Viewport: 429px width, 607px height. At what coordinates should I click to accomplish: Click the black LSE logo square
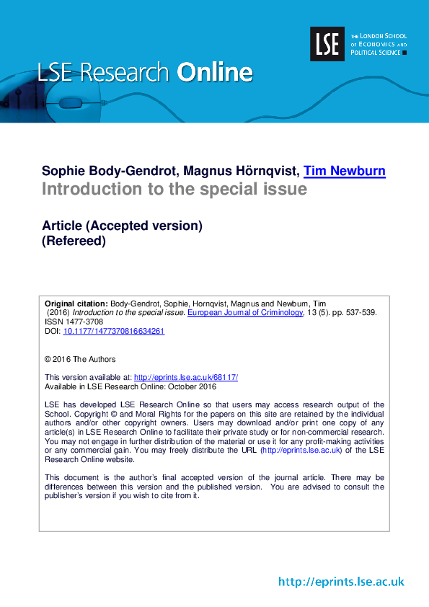coord(327,44)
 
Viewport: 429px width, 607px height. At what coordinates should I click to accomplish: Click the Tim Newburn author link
coord(344,171)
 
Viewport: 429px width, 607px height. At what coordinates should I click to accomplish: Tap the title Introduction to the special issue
coord(174,190)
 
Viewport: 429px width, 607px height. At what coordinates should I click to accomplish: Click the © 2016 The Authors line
coord(80,359)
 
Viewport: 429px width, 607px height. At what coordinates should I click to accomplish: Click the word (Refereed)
coord(74,242)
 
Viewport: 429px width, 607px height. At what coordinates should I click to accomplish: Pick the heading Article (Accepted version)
coord(122,226)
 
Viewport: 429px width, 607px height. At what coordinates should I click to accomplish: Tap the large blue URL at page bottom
coord(341,582)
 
